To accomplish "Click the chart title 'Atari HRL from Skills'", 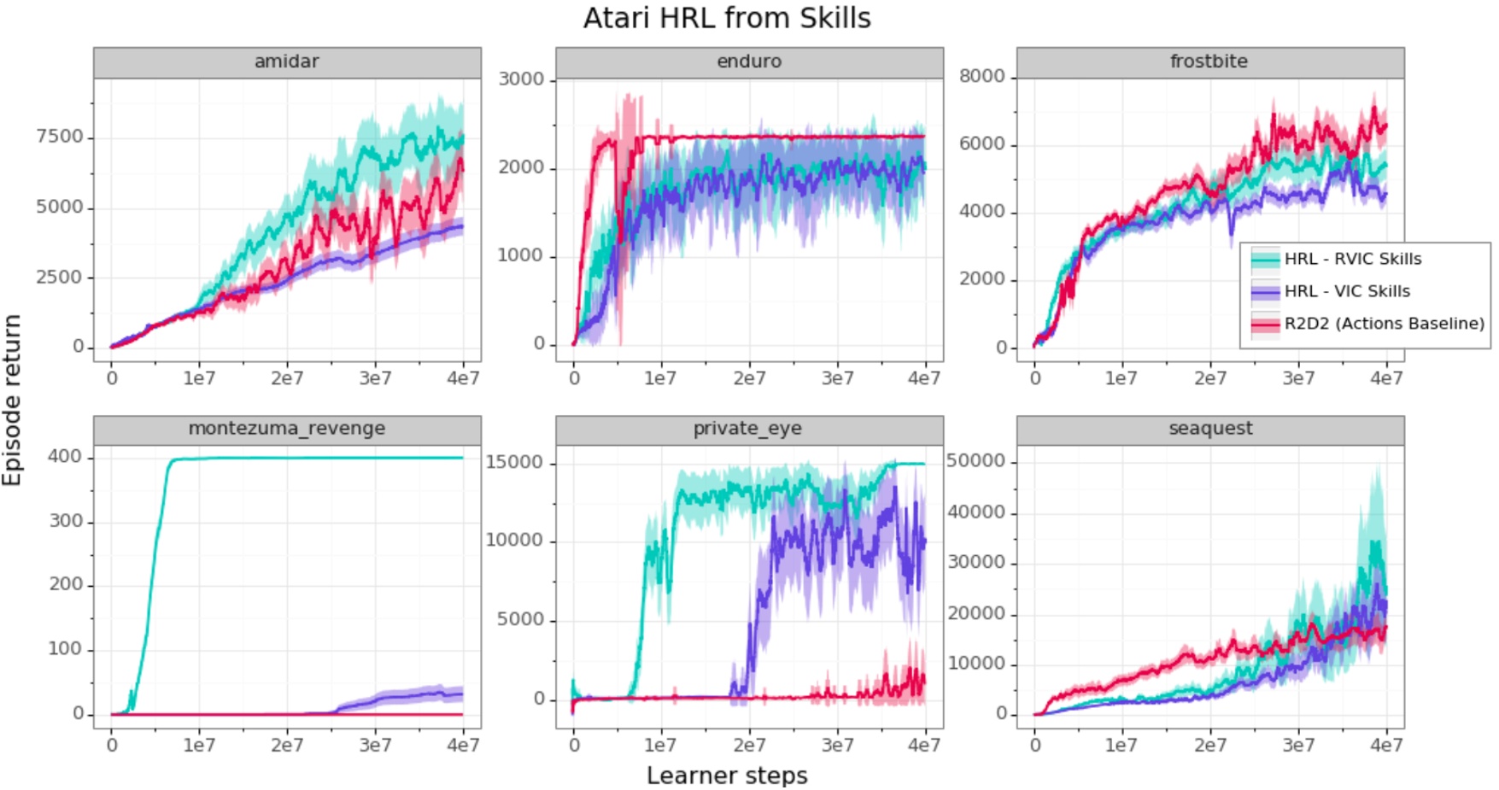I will pos(727,18).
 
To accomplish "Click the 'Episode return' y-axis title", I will pos(12,400).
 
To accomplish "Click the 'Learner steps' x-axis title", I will pos(726,775).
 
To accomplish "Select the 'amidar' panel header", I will pos(286,62).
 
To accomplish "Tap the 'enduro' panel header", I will pos(749,62).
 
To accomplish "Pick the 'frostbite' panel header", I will pos(1209,62).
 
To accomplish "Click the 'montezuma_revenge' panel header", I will pos(286,429).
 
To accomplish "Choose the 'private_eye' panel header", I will pos(748,429).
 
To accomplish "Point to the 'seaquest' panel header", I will pos(1210,429).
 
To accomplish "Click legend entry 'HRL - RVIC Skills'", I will pos(1352,260).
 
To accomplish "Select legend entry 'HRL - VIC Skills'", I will pos(1347,291).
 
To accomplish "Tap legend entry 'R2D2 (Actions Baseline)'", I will pos(1384,324).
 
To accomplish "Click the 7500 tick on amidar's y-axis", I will pos(60,137).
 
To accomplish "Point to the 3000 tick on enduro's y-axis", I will pos(521,79).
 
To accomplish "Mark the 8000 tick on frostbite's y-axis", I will pos(981,76).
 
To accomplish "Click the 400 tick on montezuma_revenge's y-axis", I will pos(64,457).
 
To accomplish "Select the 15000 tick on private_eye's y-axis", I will pos(514,462).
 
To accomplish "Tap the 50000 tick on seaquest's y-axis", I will pos(975,461).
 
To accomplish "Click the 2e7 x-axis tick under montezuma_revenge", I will pos(287,746).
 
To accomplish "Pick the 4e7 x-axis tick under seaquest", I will pos(1385,746).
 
